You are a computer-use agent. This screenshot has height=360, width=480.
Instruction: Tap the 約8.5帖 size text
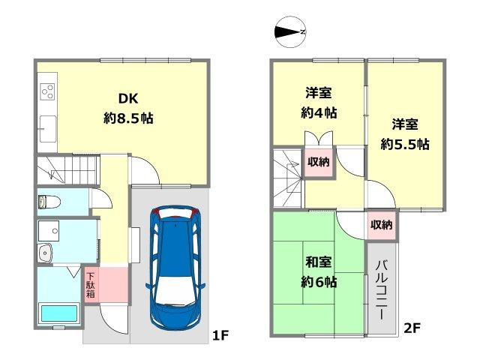(127, 118)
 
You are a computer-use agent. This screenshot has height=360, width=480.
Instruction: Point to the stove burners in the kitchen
(46, 91)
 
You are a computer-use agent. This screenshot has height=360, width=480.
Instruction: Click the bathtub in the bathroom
(58, 313)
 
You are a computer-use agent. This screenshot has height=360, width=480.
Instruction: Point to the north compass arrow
(289, 31)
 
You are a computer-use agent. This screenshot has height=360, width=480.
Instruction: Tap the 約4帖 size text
(319, 113)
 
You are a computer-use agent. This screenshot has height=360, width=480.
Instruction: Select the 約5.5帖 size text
(404, 143)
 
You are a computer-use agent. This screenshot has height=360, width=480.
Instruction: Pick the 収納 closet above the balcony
(381, 224)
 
